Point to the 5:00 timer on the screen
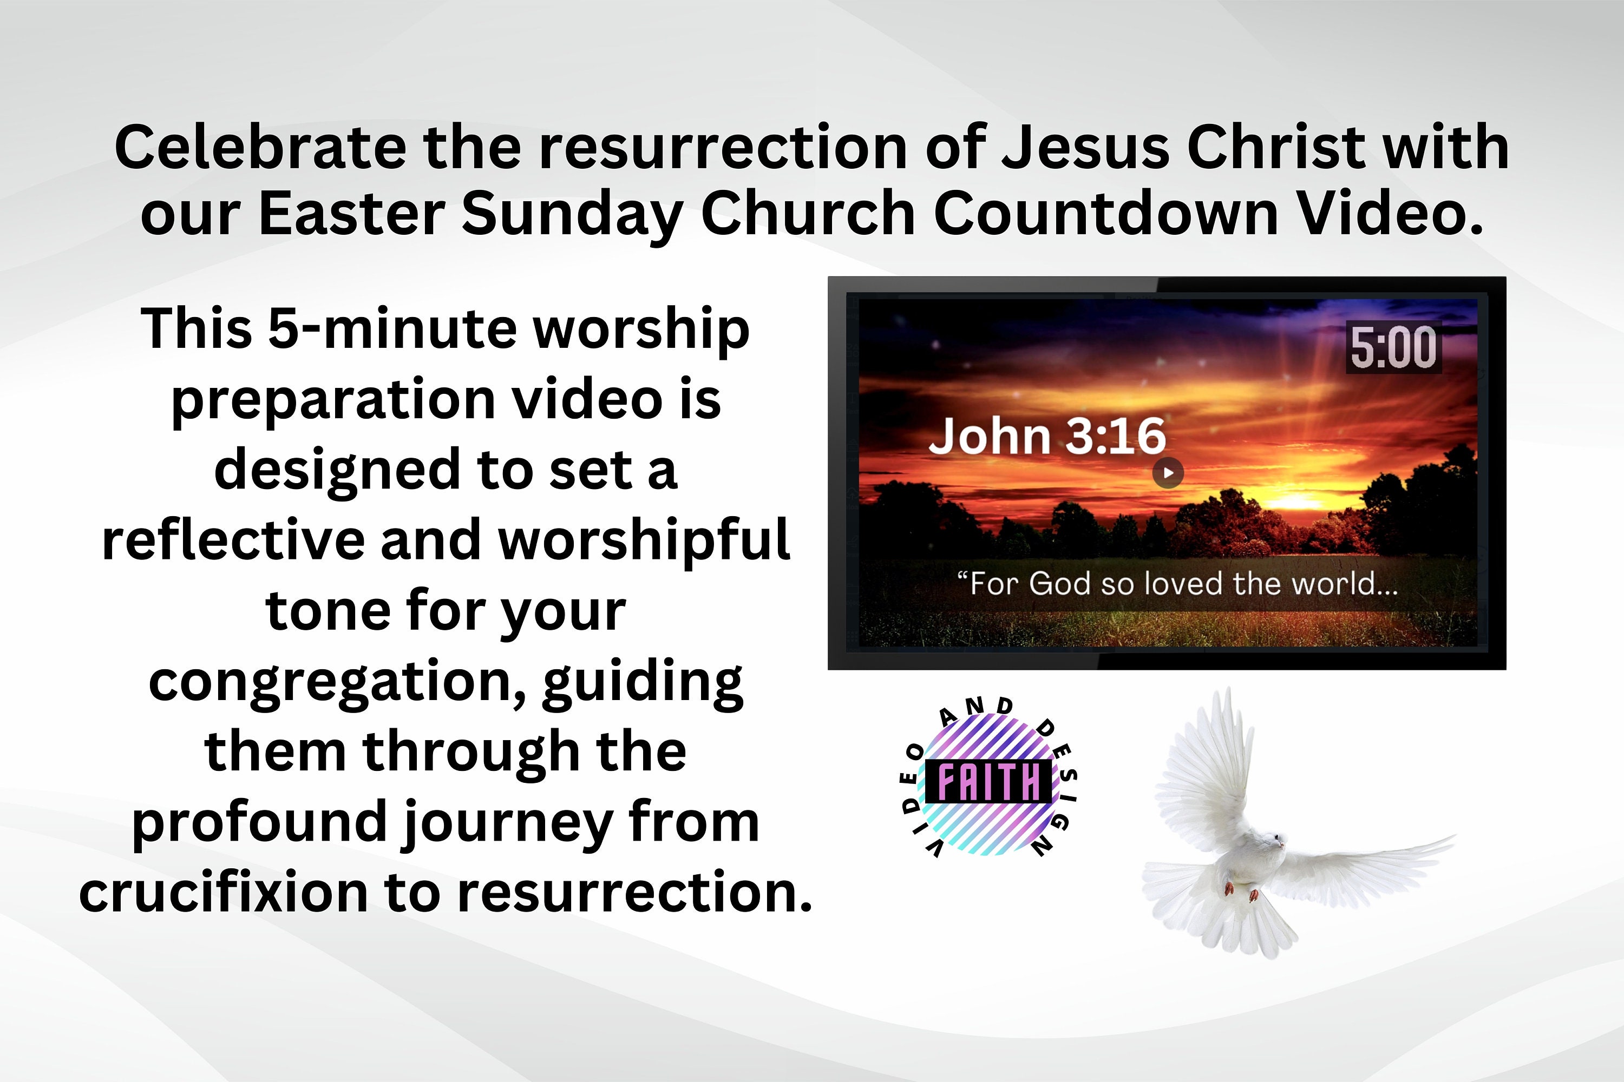(x=1393, y=348)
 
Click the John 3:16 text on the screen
(x=1047, y=436)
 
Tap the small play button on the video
(x=1168, y=473)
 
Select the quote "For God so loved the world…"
(x=1177, y=584)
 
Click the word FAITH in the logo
(x=989, y=782)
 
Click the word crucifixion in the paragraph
(x=224, y=892)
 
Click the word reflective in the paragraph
(x=233, y=539)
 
